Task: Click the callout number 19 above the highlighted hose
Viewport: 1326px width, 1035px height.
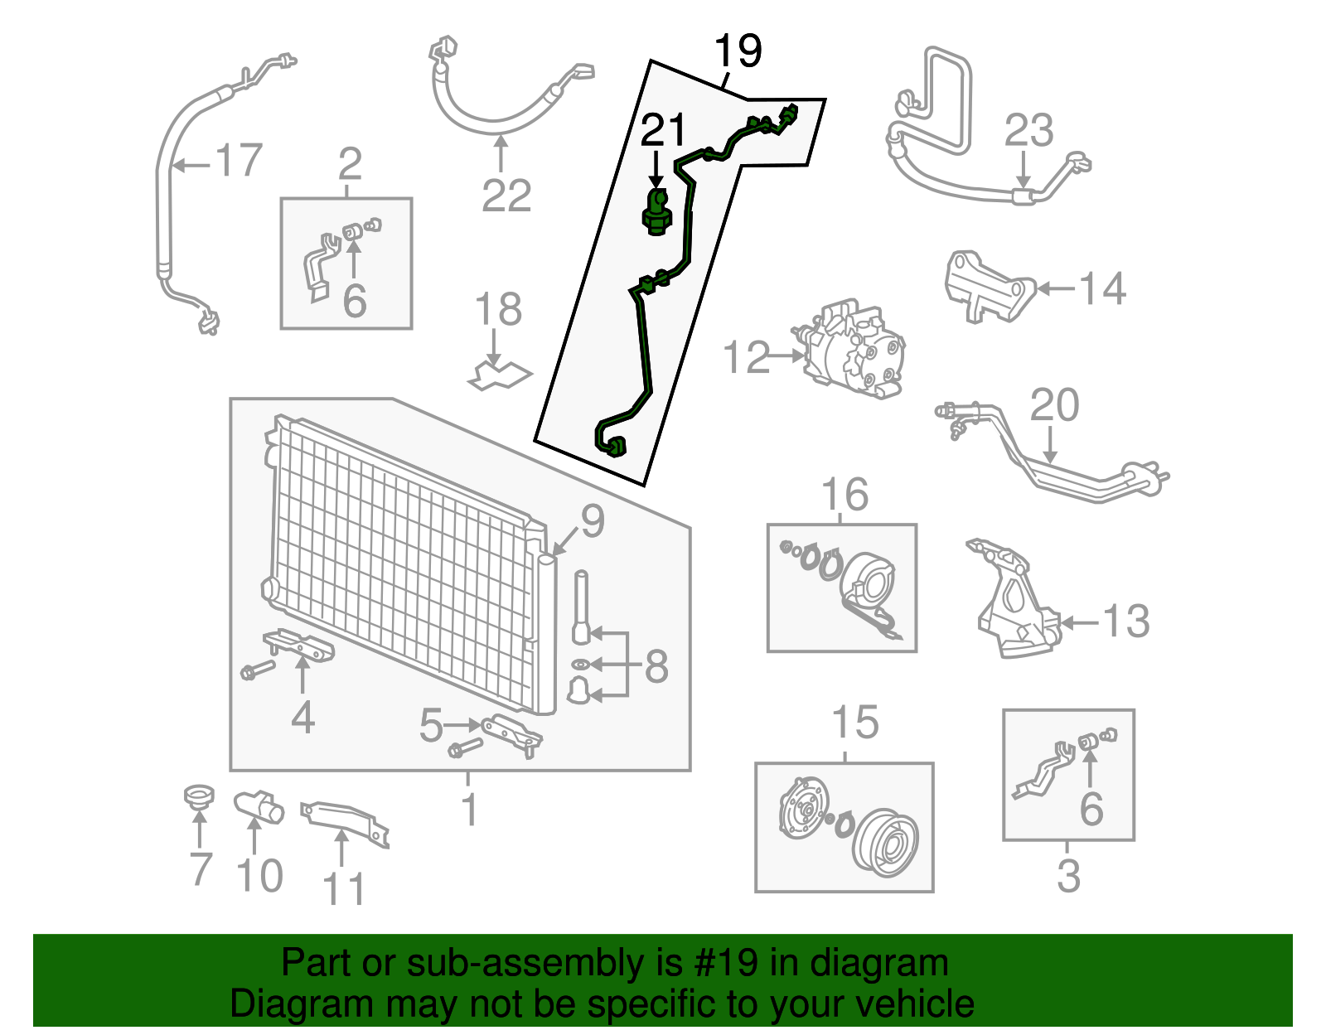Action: coord(738,51)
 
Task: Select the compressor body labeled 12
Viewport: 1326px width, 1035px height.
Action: coord(854,351)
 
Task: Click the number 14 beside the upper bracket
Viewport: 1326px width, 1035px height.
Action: coord(1102,289)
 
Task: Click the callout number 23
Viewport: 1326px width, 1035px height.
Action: coord(1028,131)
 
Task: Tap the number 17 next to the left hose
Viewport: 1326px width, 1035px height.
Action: coord(239,160)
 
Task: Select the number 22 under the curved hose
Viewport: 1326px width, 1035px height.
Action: coord(506,196)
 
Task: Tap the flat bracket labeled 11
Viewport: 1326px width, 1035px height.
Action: coord(344,820)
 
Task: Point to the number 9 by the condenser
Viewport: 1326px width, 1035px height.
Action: coord(592,520)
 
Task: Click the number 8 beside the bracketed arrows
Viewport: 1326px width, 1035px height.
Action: coord(656,666)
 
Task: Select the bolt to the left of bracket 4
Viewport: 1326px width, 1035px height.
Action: coord(257,669)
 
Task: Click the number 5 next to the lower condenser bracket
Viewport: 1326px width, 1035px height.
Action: coord(431,726)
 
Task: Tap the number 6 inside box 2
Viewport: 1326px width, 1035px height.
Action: coord(354,300)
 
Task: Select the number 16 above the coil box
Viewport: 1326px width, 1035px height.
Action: coord(844,495)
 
